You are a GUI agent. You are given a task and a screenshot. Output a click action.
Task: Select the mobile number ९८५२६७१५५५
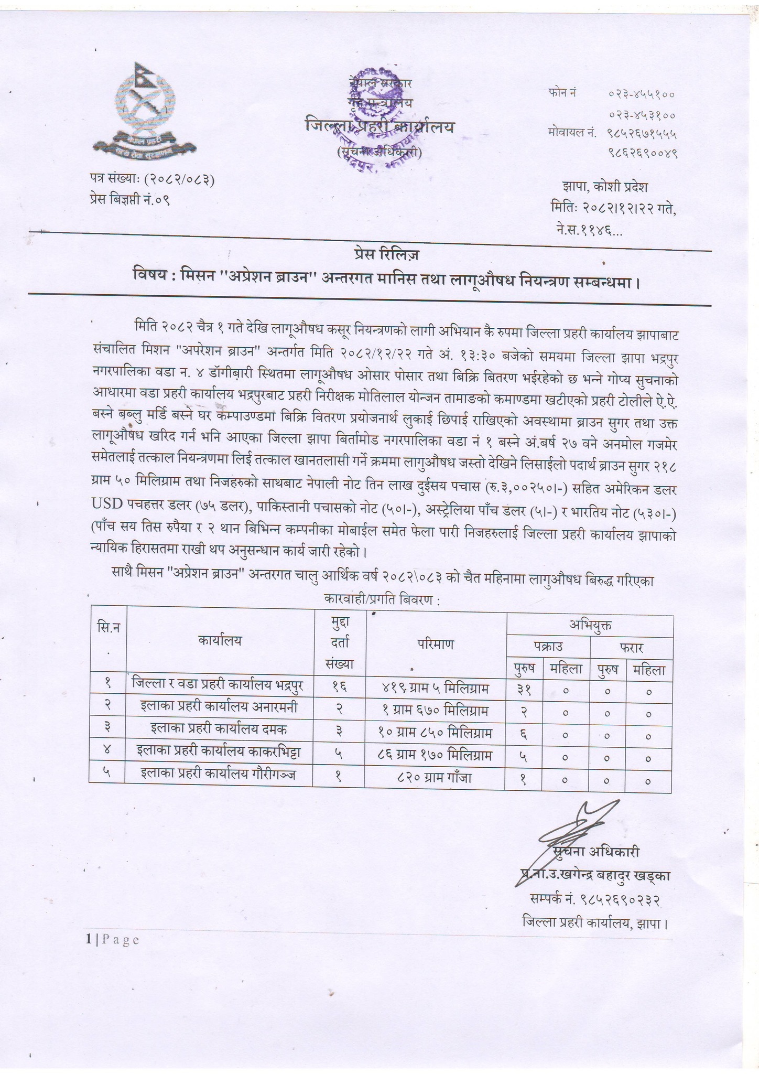pos(642,133)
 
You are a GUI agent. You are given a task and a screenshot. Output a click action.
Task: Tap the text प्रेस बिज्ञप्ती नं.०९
pos(129,199)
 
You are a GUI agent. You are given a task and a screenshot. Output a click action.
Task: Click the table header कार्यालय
pos(220,640)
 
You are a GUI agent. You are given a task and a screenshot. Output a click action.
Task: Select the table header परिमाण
pos(436,643)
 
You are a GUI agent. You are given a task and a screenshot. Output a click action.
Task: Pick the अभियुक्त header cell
pos(590,625)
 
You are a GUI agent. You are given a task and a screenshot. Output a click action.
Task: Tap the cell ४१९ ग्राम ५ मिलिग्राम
pos(436,688)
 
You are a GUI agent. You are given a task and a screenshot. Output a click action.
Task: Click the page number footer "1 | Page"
pos(113,940)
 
